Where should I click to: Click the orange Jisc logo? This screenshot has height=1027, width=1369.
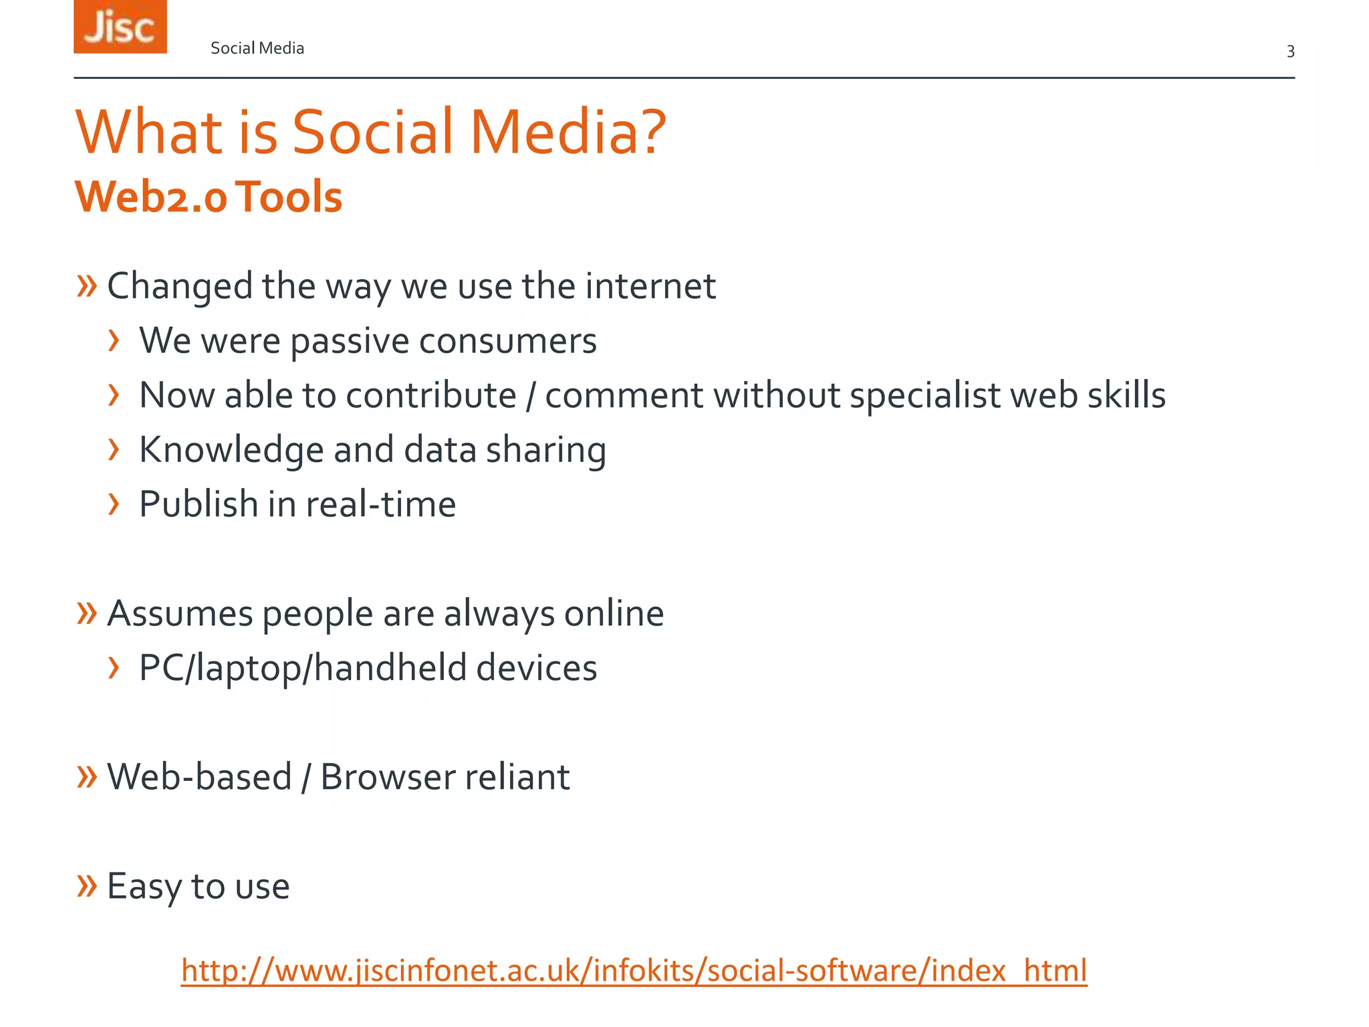120,27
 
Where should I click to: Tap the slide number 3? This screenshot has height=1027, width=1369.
1290,51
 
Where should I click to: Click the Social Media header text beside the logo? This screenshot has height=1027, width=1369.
257,48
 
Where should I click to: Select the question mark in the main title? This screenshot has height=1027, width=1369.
650,132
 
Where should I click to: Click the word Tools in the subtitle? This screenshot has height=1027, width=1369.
289,197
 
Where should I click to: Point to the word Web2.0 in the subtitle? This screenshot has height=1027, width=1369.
151,197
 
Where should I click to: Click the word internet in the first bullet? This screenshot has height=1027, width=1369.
650,286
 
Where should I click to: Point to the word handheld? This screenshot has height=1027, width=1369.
390,668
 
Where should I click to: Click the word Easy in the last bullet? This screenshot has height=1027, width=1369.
144,887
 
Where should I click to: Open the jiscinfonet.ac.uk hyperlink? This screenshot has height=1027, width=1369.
634,971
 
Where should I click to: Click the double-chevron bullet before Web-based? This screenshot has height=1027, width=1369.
87,777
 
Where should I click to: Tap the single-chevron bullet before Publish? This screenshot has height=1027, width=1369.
114,504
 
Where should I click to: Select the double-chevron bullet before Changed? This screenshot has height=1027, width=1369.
87,286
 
